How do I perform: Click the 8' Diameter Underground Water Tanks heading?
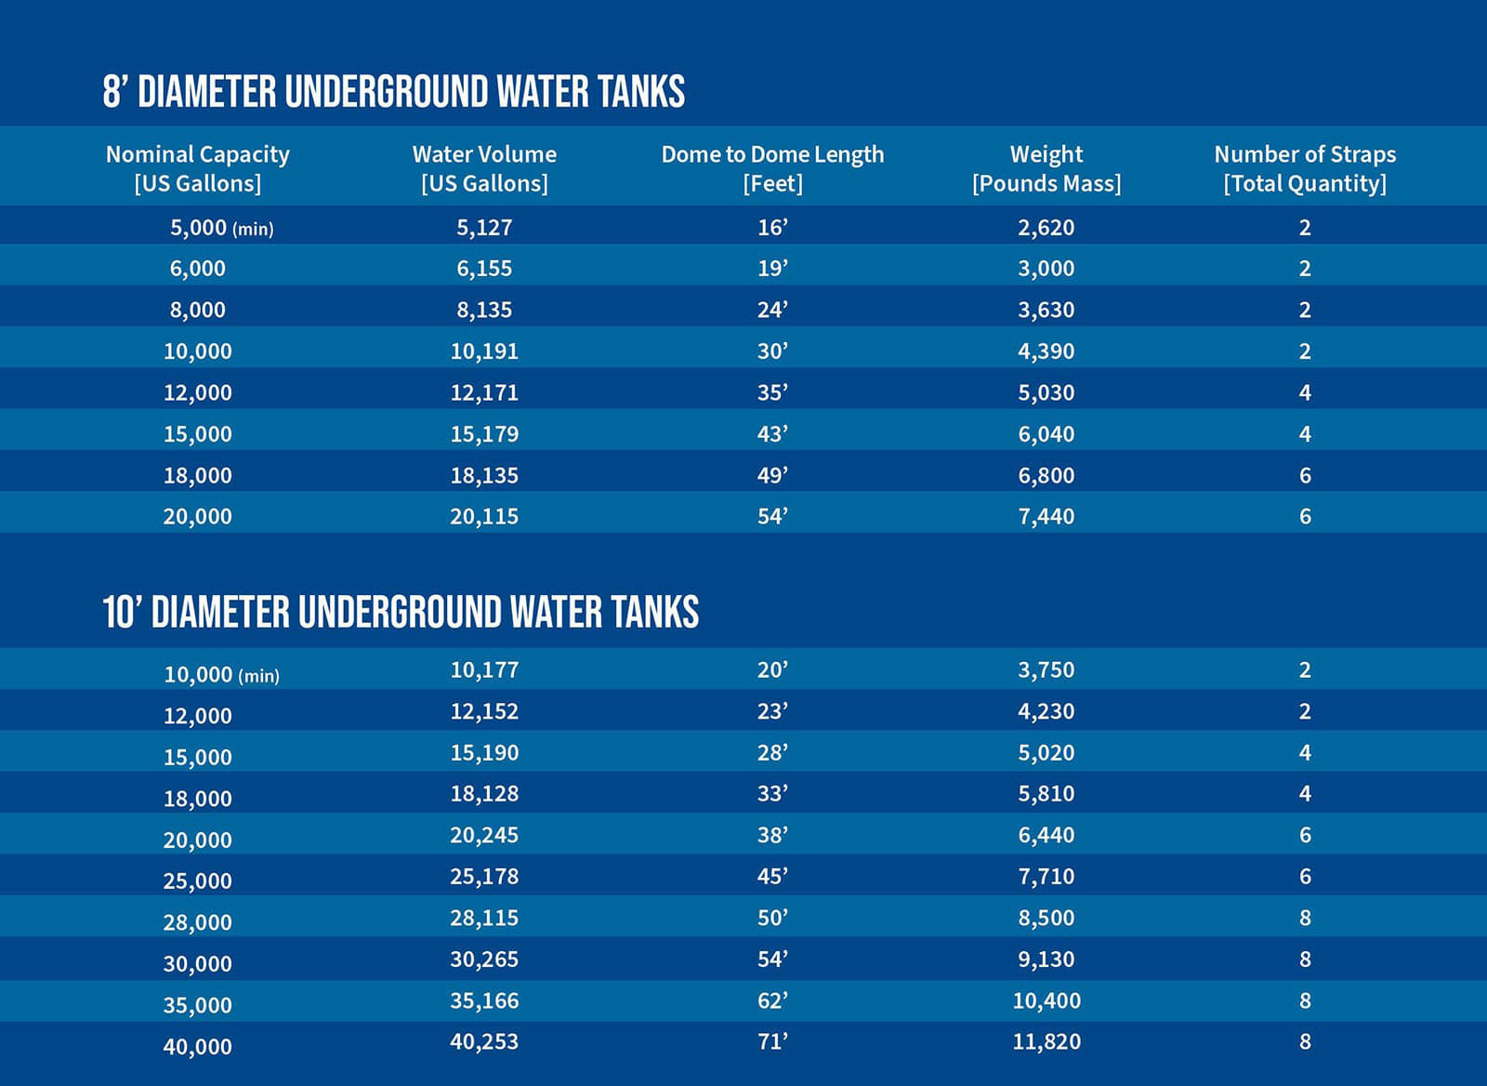pos(393,92)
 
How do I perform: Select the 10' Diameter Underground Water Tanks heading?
pos(401,612)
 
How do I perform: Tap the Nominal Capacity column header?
pos(198,168)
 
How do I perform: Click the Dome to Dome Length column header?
pos(772,168)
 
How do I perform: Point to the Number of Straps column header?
pos(1305,168)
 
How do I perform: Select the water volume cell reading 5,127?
pos(484,227)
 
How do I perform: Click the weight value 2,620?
pos(1046,227)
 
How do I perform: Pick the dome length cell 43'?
pos(772,434)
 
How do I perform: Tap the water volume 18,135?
pos(484,475)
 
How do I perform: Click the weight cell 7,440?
pos(1046,516)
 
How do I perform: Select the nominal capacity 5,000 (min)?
pos(221,228)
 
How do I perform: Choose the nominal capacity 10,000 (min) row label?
pos(221,674)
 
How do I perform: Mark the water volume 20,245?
pos(484,835)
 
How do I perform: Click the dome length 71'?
pos(772,1041)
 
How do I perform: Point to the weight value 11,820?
pos(1046,1041)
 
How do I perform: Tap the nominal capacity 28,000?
pos(198,922)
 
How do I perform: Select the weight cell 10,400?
pos(1046,1000)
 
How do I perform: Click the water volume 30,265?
pos(484,959)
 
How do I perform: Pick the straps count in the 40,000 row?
pos(1305,1041)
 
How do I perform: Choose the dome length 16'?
pos(772,227)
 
